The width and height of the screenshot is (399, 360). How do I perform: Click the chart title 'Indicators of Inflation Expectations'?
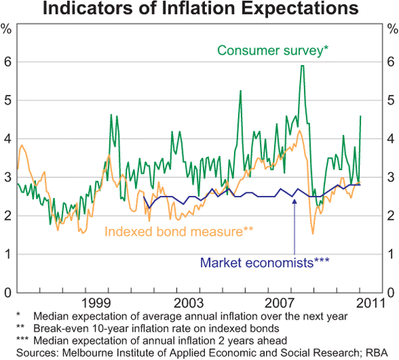[199, 10]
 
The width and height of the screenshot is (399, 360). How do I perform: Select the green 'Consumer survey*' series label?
[272, 50]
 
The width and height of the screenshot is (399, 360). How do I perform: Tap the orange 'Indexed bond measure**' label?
[180, 231]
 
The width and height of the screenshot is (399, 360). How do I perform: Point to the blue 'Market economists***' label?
[264, 262]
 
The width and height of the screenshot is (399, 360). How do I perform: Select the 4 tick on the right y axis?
[392, 139]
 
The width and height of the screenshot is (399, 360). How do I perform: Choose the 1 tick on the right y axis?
[392, 254]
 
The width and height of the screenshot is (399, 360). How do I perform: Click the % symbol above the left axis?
[7, 30]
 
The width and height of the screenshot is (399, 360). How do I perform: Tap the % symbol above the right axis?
[392, 30]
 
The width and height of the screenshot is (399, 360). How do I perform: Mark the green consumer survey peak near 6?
[303, 66]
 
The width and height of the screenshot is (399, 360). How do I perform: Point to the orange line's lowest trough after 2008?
[313, 233]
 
